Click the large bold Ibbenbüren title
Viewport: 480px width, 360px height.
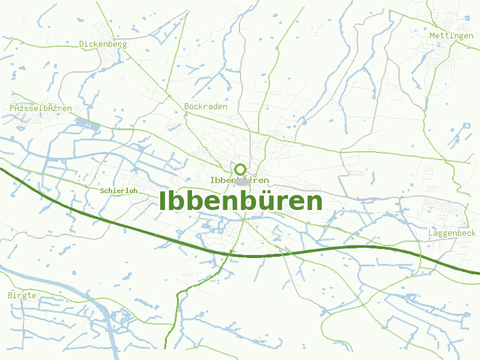tap(241, 202)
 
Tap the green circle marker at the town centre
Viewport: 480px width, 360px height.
tap(240, 169)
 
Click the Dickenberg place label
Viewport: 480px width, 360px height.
tap(103, 44)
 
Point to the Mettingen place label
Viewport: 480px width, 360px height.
tap(451, 36)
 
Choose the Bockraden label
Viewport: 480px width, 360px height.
tap(206, 107)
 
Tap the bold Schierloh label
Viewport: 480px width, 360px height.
tap(119, 191)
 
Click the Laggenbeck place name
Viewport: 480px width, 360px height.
tap(452, 233)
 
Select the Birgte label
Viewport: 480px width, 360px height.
tap(22, 295)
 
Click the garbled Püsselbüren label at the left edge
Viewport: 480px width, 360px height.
tap(41, 108)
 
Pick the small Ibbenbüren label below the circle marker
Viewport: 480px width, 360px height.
tap(239, 180)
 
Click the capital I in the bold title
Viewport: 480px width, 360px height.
tap(163, 202)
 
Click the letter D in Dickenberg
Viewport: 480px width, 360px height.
tap(82, 44)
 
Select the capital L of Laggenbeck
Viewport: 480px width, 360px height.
tap(431, 233)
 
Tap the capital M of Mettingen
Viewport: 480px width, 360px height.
tap(433, 36)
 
